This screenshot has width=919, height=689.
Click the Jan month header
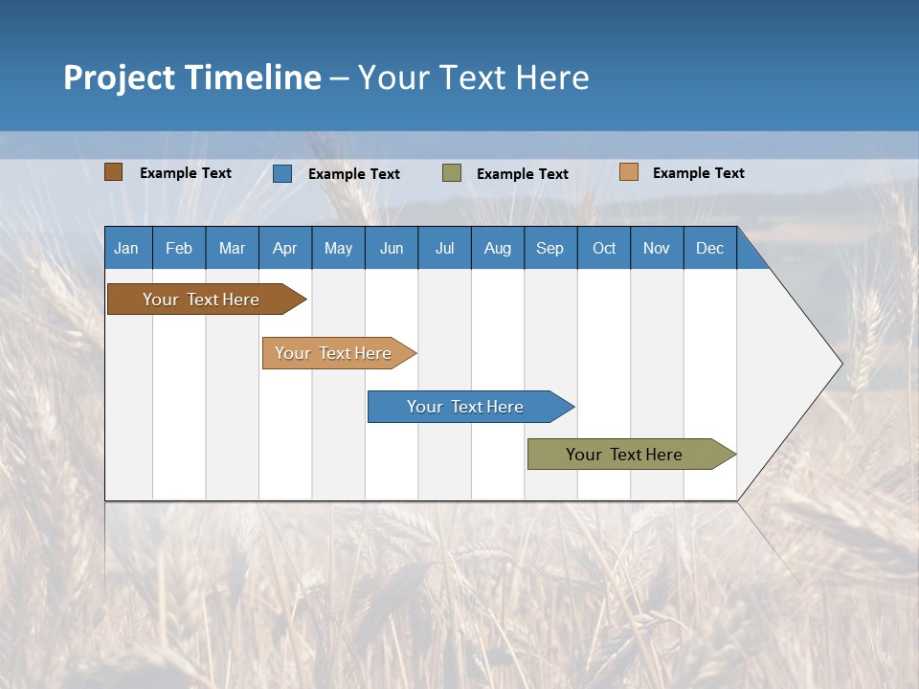point(127,248)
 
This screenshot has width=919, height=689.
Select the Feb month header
point(179,248)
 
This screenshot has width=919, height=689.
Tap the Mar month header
point(232,248)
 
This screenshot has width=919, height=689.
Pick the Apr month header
point(285,248)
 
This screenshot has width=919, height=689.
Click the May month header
point(338,248)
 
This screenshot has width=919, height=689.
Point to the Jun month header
point(392,248)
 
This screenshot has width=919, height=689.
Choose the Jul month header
point(444,248)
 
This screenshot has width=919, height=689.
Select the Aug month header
point(498,248)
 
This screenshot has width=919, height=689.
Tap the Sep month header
point(550,248)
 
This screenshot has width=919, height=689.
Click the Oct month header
point(604,248)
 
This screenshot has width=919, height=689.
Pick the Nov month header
point(657,248)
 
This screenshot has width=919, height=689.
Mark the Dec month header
point(710,248)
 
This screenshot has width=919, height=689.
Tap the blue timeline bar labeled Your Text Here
point(466,407)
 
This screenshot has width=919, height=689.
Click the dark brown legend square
point(114,172)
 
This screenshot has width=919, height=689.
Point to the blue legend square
point(282,173)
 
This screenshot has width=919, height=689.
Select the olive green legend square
point(452,173)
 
